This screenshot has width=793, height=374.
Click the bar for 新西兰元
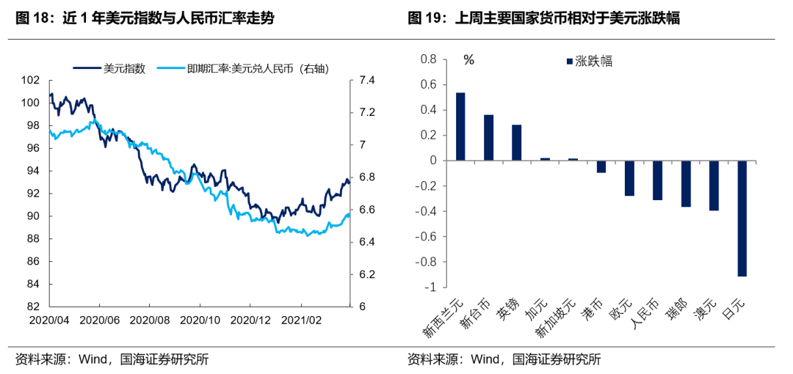(460, 126)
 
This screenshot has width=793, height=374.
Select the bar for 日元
(742, 219)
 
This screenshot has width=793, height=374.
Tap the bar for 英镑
(517, 142)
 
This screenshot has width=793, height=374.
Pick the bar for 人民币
(658, 180)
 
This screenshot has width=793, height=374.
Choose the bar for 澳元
(714, 186)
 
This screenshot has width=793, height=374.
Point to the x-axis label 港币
(596, 310)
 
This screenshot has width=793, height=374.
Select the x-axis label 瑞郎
(680, 311)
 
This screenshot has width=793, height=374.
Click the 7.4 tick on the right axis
(366, 81)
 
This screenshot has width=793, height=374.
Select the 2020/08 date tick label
(150, 320)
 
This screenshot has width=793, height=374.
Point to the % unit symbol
(468, 60)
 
